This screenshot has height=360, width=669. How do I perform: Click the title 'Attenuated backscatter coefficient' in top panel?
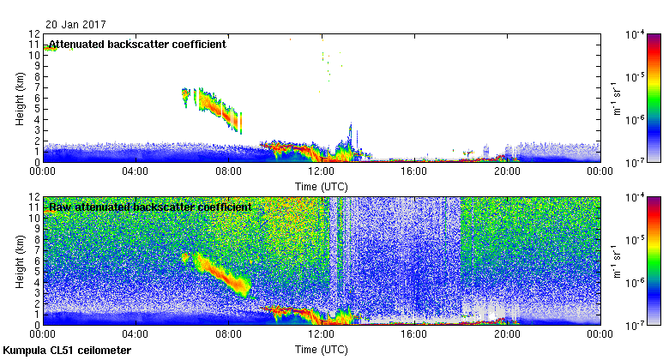(x=137, y=45)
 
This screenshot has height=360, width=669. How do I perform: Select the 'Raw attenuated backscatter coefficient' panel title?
(x=149, y=207)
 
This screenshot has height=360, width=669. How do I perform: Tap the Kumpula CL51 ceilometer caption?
(x=67, y=351)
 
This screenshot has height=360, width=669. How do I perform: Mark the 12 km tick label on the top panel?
(x=33, y=33)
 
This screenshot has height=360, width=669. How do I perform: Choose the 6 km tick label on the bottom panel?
(x=36, y=261)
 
